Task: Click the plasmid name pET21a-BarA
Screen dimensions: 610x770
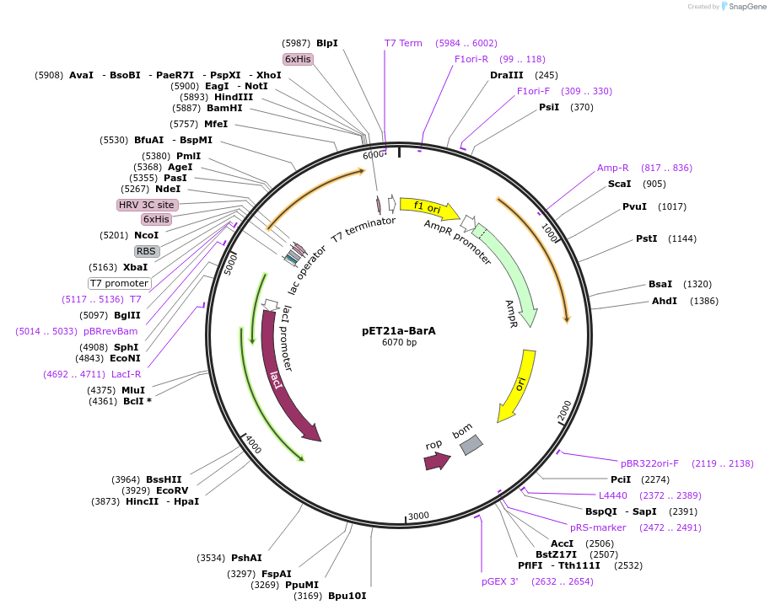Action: coord(399,330)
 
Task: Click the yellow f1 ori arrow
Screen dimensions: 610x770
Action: coord(428,207)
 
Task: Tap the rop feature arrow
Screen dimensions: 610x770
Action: coord(436,460)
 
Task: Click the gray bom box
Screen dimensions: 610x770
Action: coord(471,444)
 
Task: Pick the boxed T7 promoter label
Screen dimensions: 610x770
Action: coord(120,283)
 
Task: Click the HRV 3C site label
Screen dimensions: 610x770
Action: coord(148,205)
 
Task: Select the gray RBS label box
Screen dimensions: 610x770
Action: coord(146,251)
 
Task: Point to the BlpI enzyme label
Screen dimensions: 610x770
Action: coord(326,43)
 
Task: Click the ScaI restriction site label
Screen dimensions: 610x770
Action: coord(619,184)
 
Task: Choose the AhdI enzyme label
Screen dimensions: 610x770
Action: coord(664,301)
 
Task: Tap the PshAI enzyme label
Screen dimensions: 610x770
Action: coord(246,558)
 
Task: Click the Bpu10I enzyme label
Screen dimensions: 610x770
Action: coord(347,597)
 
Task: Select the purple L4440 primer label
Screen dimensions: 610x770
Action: coord(613,495)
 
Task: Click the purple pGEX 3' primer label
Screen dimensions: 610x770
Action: coord(500,581)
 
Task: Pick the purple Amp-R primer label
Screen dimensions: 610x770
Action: coord(613,168)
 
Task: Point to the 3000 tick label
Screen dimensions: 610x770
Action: coord(419,516)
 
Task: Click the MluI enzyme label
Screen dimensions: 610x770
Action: coord(133,390)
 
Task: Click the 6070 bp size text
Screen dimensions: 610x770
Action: coord(399,343)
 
